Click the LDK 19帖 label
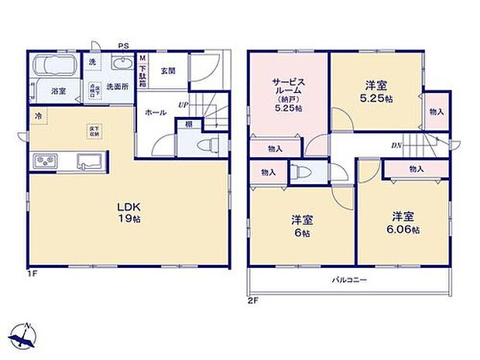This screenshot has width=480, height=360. point(128,213)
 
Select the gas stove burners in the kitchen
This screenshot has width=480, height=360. point(46,161)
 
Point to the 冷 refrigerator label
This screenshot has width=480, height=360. point(37,115)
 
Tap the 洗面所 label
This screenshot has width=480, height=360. point(118,86)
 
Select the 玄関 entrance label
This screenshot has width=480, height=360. point(168,70)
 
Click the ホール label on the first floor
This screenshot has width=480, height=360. point(153,112)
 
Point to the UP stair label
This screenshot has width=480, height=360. point(183,105)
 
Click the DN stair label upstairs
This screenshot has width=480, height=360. point(396,145)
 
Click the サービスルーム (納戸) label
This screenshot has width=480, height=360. point(287,93)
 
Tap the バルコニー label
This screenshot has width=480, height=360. point(350,279)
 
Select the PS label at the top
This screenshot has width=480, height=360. point(123,46)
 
